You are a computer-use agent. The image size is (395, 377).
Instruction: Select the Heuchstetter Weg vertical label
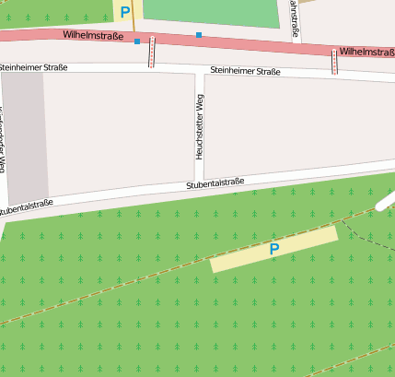pyautogui.click(x=200, y=125)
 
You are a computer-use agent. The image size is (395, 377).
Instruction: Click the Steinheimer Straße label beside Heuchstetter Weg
pyautogui.click(x=245, y=71)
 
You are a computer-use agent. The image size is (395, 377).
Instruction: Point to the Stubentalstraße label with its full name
pyautogui.click(x=215, y=183)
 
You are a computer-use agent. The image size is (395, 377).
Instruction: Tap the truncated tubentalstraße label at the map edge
pyautogui.click(x=26, y=208)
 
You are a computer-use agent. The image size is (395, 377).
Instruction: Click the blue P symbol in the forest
pyautogui.click(x=273, y=249)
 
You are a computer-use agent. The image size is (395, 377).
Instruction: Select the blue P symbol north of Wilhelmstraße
pyautogui.click(x=125, y=12)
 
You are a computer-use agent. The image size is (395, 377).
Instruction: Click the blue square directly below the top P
pyautogui.click(x=137, y=41)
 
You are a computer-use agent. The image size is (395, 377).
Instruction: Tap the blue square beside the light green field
pyautogui.click(x=199, y=35)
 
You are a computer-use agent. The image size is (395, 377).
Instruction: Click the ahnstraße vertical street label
pyautogui.click(x=294, y=18)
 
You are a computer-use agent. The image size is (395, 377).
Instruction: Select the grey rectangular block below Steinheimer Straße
pyautogui.click(x=25, y=135)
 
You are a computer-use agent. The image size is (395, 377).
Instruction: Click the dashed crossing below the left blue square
pyautogui.click(x=152, y=53)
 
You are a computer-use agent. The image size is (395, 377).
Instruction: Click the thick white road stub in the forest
pyautogui.click(x=386, y=202)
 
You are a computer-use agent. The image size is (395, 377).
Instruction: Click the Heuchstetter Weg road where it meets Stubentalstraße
pyautogui.click(x=199, y=180)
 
